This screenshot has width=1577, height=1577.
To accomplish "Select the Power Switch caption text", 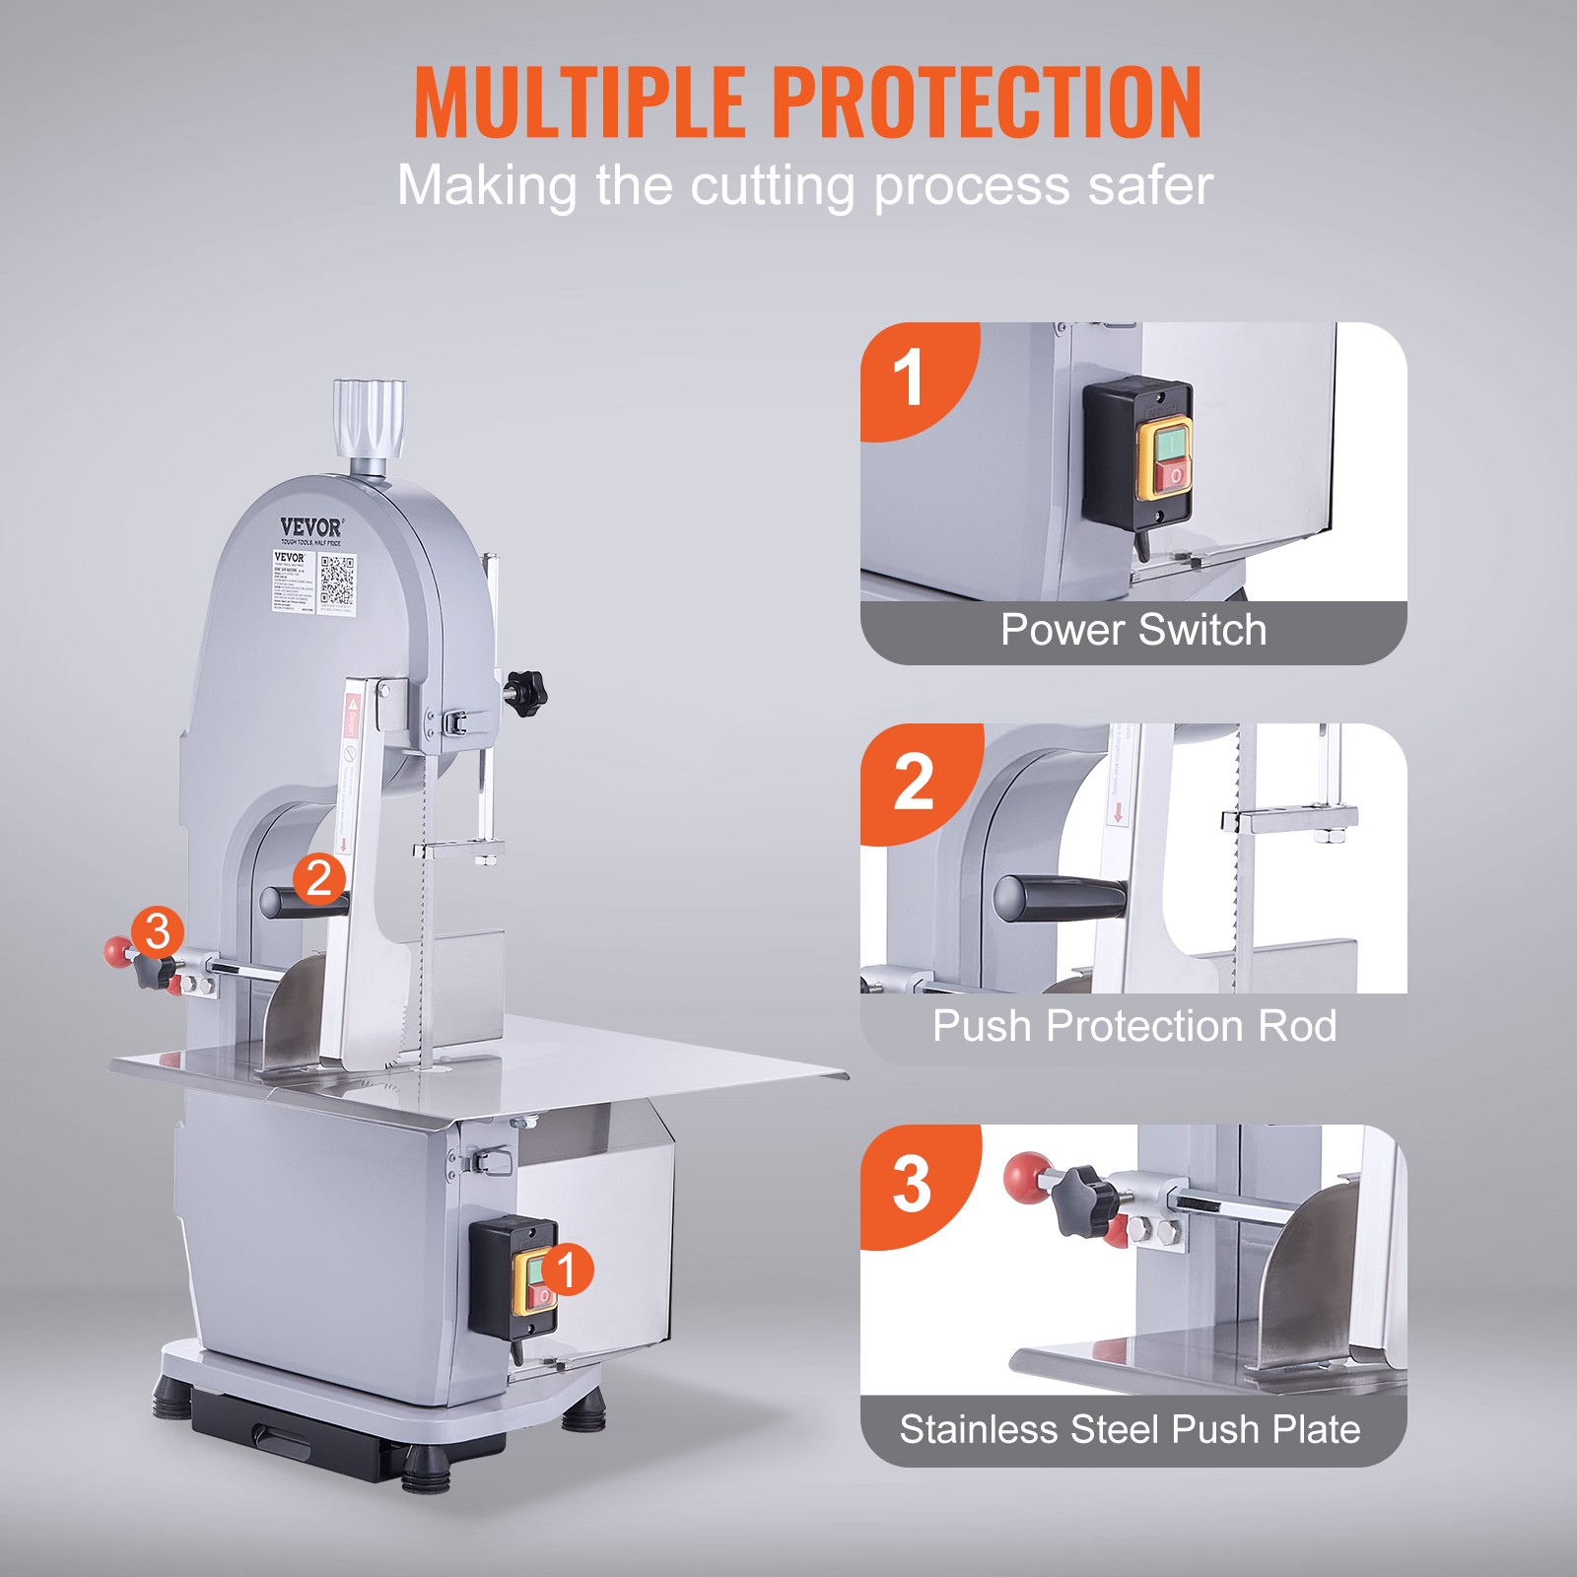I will pos(1133,630).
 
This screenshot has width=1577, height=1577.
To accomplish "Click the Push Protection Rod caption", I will pos(1133,1026).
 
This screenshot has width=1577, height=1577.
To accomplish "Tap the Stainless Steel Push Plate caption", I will pos(1130,1429).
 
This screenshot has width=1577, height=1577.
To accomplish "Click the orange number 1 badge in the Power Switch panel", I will pos(908,377).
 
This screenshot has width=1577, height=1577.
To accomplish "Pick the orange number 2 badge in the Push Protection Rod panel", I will pos(913,782).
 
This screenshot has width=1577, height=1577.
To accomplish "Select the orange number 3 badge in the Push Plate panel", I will pos(912,1183).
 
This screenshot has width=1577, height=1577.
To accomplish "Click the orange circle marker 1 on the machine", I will pos(567,1269).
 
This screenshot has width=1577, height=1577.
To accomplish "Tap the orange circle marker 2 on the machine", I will pos(319,878).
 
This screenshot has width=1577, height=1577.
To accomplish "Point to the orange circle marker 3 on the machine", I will pos(158,931).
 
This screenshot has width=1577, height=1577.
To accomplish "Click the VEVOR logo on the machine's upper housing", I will pos(310,527).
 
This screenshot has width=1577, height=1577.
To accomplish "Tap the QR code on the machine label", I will pos(336,582).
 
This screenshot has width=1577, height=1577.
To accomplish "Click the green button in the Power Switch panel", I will pos(1170,445).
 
